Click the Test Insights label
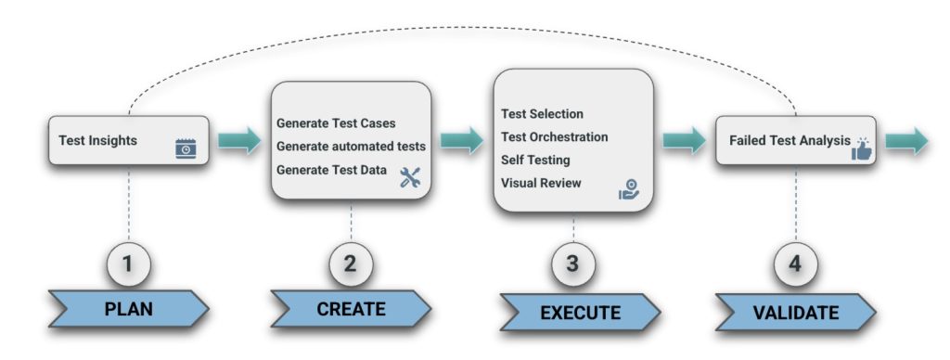pos(97,140)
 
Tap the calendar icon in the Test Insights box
pos(186,148)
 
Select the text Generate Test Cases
pos(337,123)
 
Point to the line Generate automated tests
pos(351,146)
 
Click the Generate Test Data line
pos(332,169)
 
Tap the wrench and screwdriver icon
pos(410,178)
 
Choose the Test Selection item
pos(542,114)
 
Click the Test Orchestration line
pos(554,137)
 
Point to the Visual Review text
pos(541,183)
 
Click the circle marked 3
pos(572,264)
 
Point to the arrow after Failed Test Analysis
pos(906,141)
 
